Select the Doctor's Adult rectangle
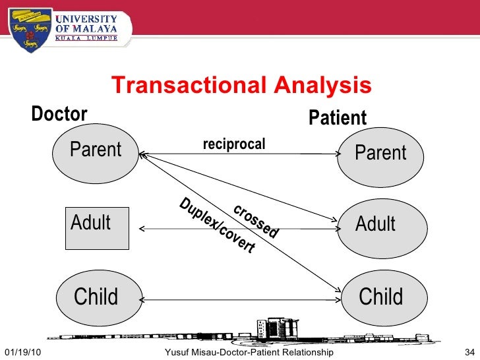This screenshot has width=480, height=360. pyautogui.click(x=96, y=228)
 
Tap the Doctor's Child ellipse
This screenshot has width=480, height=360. pyautogui.click(x=96, y=297)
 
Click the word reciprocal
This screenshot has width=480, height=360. pyautogui.click(x=234, y=144)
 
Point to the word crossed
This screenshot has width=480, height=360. pyautogui.click(x=256, y=220)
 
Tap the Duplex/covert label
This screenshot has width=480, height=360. pyautogui.click(x=217, y=225)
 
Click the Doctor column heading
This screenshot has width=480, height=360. pyautogui.click(x=59, y=114)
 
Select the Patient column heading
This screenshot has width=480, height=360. pyautogui.click(x=338, y=118)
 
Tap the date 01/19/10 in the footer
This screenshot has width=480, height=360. pyautogui.click(x=22, y=353)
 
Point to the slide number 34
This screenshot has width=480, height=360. pyautogui.click(x=469, y=353)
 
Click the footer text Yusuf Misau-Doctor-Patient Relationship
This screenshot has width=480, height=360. pyautogui.click(x=249, y=353)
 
